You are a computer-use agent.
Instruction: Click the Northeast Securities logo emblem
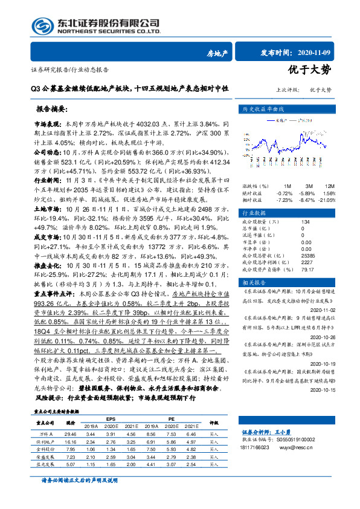coord(42,26)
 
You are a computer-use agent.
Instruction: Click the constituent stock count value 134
coord(305,206)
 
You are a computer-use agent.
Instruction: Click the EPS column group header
coord(111,418)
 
